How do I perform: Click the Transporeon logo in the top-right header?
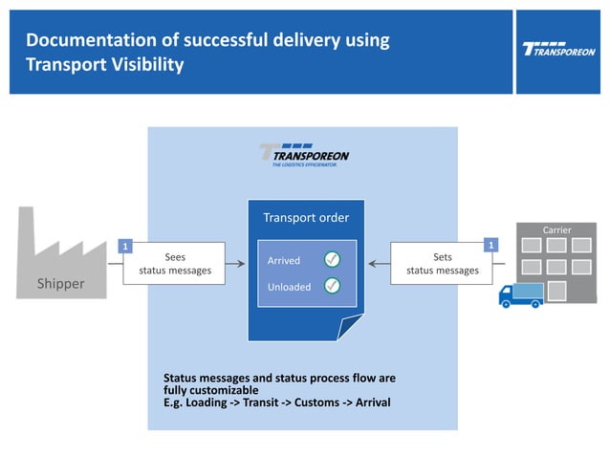(559, 49)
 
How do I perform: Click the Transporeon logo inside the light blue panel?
(304, 155)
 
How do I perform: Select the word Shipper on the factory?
(60, 284)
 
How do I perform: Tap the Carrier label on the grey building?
(556, 230)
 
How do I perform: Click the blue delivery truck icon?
(521, 295)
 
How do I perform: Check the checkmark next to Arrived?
(332, 259)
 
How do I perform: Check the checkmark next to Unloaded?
(332, 285)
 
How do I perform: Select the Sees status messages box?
(175, 264)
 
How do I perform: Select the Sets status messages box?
(442, 264)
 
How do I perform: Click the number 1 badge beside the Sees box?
(123, 247)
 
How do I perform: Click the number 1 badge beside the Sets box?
(491, 247)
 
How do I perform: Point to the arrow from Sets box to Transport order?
(380, 264)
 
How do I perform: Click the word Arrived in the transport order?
(283, 260)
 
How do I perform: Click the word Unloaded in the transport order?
(288, 286)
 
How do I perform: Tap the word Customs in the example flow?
(315, 403)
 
